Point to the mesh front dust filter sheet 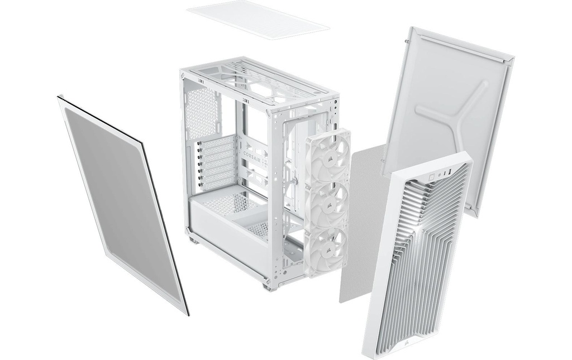[x=363, y=223]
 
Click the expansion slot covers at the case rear [x=218, y=162]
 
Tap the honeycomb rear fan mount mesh [x=203, y=112]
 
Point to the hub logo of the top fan [x=330, y=156]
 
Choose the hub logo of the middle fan [x=329, y=204]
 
